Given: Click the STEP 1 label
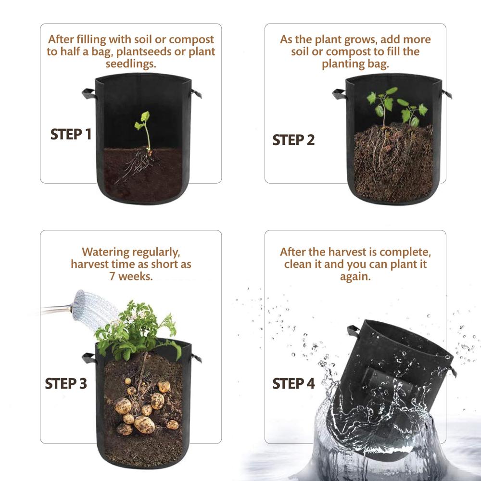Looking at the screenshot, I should tap(71, 134).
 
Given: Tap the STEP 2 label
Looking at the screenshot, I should tap(293, 140).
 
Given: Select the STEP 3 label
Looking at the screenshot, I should tap(66, 383).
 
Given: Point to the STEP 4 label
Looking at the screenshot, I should tap(293, 383).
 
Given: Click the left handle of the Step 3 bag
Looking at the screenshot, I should tap(89, 358).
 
